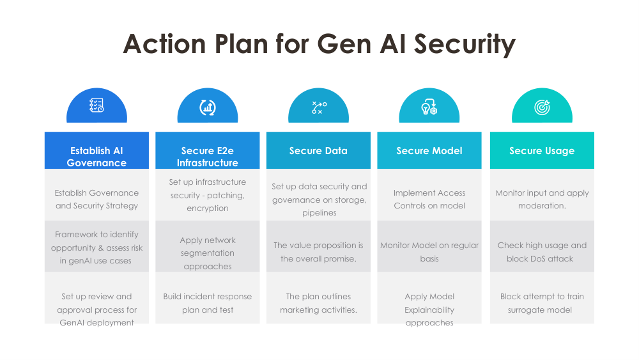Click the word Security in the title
(x=465, y=44)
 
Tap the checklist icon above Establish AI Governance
(x=96, y=106)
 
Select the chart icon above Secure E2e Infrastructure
(x=208, y=107)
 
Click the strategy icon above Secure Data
(x=319, y=107)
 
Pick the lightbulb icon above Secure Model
(x=429, y=107)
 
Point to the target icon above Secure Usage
(x=542, y=107)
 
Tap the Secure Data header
(x=318, y=150)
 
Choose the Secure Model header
(x=429, y=150)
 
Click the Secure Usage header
(x=542, y=150)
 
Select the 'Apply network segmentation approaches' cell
(x=208, y=246)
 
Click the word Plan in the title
(x=241, y=43)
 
